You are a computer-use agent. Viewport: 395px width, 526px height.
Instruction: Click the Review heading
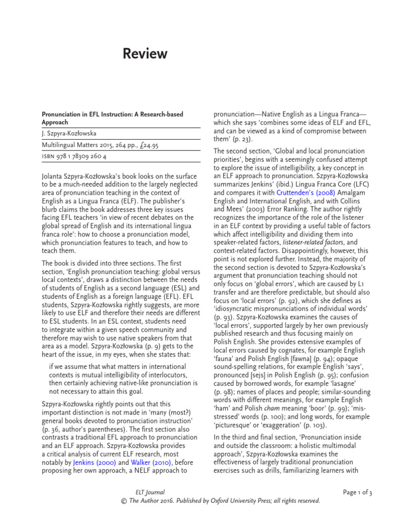[145, 53]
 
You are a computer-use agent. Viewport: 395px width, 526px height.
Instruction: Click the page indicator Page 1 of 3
[357, 492]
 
